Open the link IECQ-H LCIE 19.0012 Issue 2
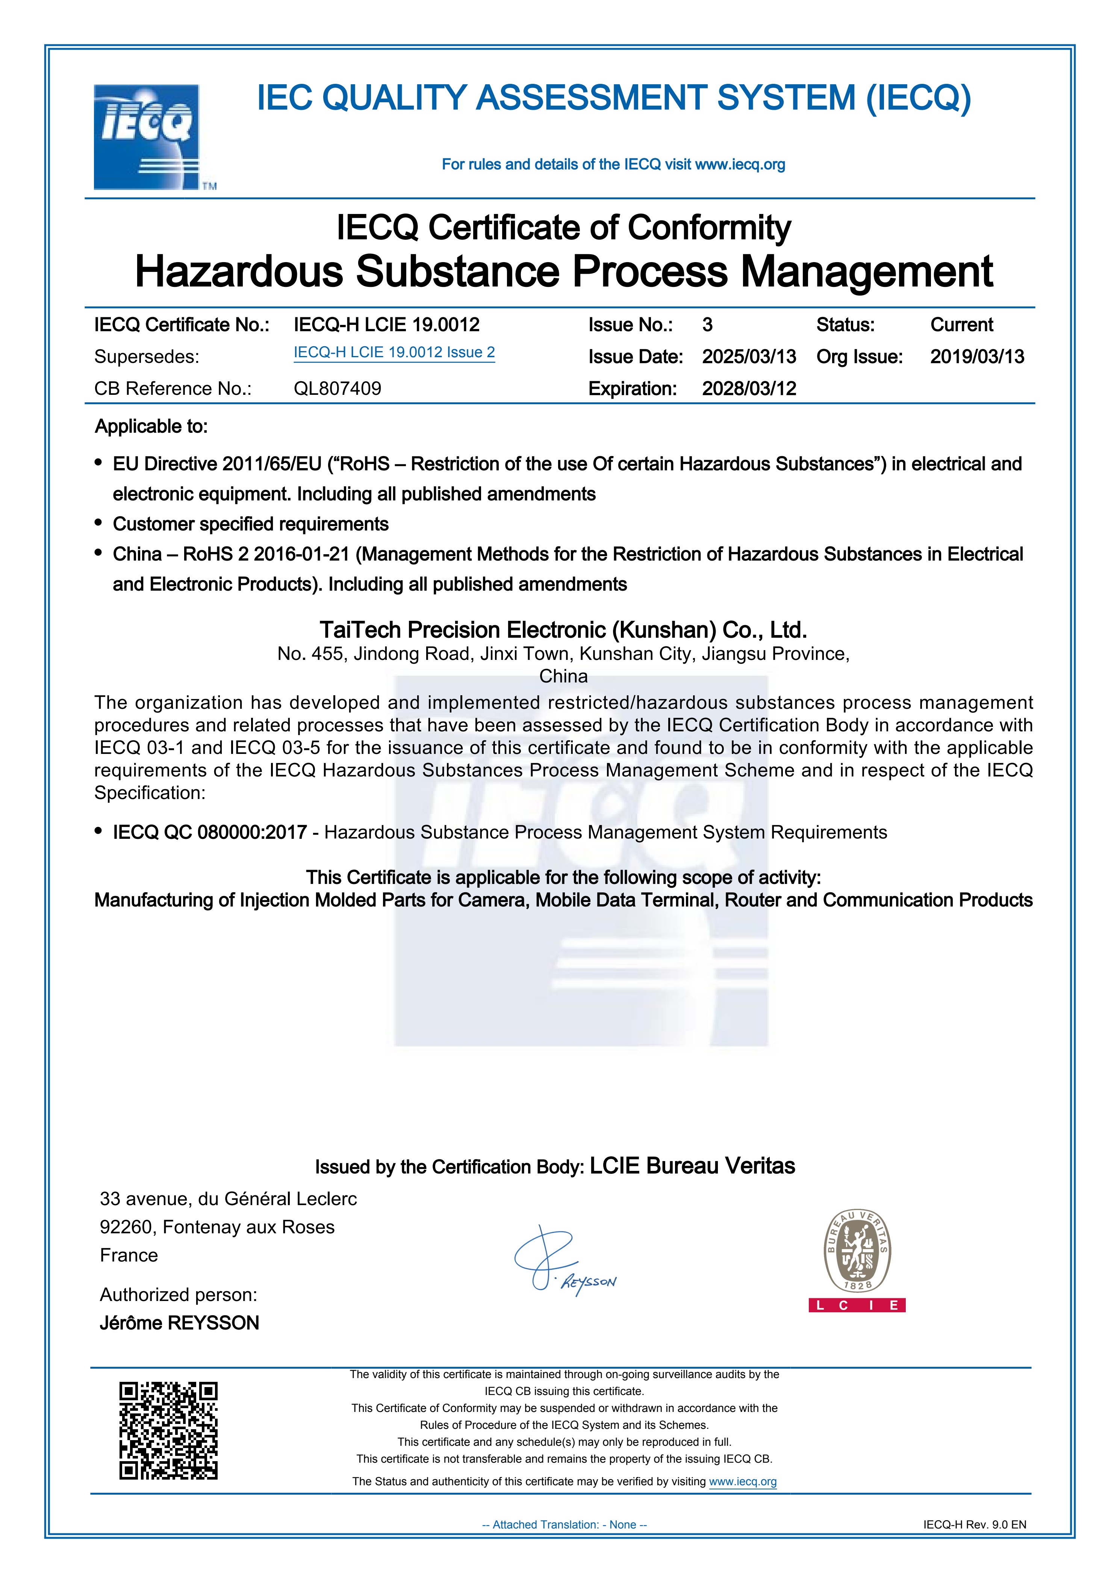[394, 352]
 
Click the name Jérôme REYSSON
[179, 1323]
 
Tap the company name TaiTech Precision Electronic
[563, 630]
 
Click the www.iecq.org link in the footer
[743, 1481]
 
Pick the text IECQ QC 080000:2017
[210, 832]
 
